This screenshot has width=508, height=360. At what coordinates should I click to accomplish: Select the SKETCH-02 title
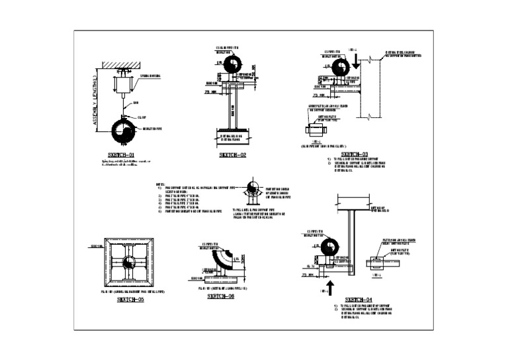coord(233,154)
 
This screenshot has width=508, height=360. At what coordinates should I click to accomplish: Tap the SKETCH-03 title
coord(355,154)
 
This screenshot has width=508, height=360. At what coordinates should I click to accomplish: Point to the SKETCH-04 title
coord(359,300)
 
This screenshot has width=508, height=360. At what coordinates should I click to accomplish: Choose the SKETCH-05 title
coord(130,300)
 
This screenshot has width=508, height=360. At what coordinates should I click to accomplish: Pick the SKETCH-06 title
coord(220,296)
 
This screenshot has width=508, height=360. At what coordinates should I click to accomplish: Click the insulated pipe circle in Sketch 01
coord(122,130)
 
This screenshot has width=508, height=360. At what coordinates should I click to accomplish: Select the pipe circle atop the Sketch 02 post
coord(232,64)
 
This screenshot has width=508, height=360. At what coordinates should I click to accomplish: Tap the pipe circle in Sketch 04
coord(315,247)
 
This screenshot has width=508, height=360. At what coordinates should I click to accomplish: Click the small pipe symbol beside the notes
coord(252,189)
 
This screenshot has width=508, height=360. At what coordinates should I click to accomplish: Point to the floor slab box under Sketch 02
coord(233,138)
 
